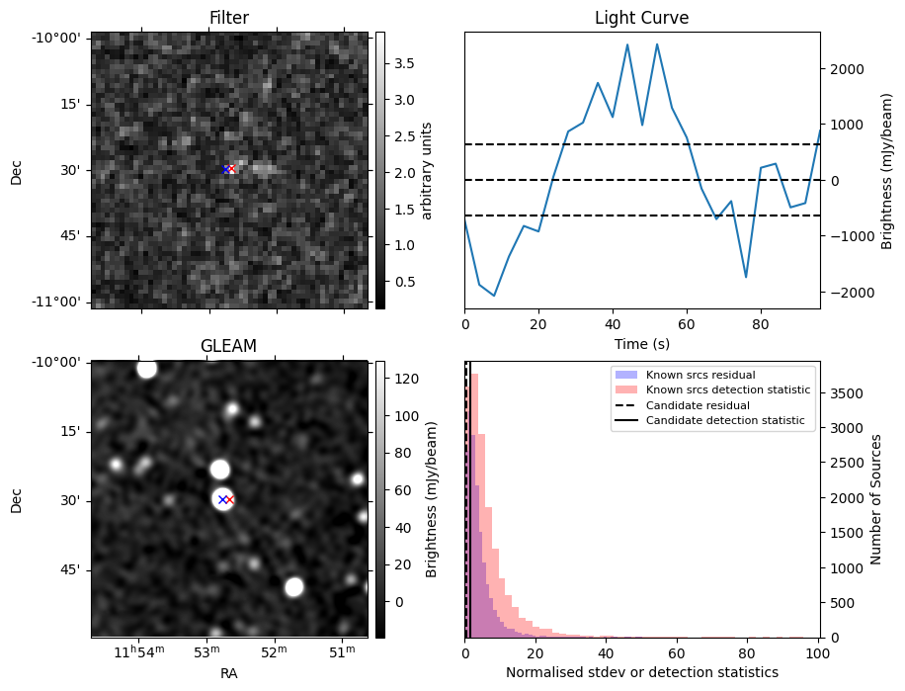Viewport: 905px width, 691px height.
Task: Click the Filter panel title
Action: coord(229,18)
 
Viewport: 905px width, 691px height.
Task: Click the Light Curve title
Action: coord(641,18)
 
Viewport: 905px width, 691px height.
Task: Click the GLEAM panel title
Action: coord(229,345)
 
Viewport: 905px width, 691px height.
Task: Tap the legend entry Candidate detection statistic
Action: coord(724,421)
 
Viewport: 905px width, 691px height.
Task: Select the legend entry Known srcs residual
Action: coord(700,375)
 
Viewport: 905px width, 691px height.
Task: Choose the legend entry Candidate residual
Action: coord(698,405)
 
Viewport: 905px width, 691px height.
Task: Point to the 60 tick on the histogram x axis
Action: coord(677,653)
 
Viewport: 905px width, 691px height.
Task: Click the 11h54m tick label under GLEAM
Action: coord(138,652)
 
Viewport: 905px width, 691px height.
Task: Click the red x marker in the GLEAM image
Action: coord(229,499)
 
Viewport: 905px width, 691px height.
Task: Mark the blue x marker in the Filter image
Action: coord(226,169)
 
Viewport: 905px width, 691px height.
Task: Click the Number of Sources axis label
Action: coord(875,499)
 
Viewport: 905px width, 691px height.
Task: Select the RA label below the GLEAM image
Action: coord(229,673)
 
